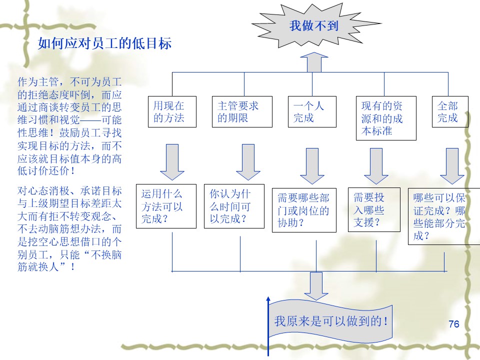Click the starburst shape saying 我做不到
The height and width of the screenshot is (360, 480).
[313, 26]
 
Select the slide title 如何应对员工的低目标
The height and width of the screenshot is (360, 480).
[105, 44]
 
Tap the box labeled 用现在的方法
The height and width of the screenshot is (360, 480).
[172, 112]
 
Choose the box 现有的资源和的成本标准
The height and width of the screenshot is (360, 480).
[386, 118]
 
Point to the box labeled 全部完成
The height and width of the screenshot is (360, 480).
[450, 112]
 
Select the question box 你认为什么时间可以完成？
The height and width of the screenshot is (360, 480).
[234, 206]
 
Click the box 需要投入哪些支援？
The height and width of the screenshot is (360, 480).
[374, 210]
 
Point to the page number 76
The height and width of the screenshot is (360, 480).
[454, 323]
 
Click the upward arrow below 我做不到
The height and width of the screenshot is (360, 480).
[314, 62]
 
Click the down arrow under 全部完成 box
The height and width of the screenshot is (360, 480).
[452, 165]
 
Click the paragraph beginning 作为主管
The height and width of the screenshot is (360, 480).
[69, 125]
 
